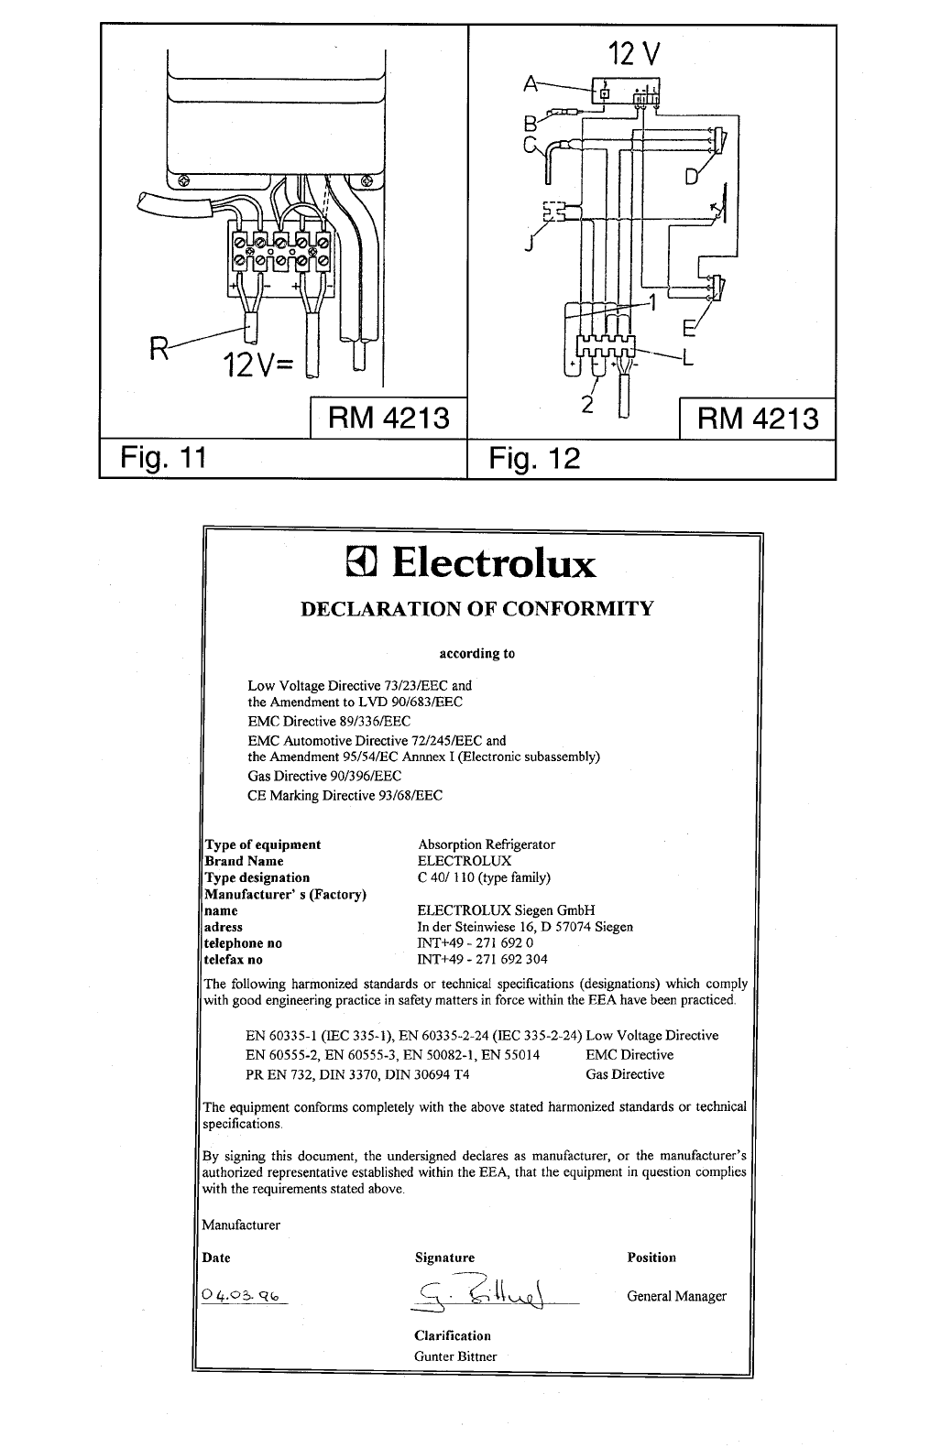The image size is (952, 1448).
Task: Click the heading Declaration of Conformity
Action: pos(477,609)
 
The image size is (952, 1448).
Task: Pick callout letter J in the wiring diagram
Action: pos(529,245)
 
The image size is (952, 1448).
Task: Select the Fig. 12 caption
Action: pos(535,456)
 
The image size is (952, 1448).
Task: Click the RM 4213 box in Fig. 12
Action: pos(757,419)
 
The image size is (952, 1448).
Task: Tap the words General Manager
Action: pos(676,1296)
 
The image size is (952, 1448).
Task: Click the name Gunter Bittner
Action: pos(455,1356)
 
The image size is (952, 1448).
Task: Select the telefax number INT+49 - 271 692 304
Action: pos(482,960)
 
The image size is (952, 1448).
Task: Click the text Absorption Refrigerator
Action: pos(486,844)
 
